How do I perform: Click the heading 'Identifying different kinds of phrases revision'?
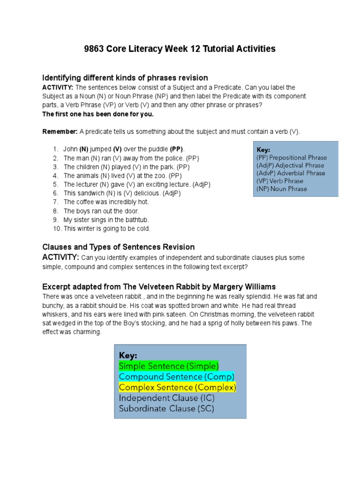[x=125, y=78]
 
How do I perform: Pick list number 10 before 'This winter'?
[x=57, y=229]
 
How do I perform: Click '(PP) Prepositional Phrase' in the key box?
[x=292, y=158]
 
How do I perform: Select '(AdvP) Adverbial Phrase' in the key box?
[x=290, y=173]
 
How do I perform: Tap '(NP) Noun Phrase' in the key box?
[x=282, y=189]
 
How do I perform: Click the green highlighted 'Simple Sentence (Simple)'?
[x=169, y=366]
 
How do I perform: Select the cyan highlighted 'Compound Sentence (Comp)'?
[x=177, y=377]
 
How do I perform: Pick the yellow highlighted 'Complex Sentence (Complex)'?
[x=177, y=388]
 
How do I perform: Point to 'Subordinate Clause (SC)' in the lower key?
[x=166, y=409]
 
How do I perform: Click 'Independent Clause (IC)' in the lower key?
[x=167, y=398]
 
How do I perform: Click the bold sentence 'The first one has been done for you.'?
[x=98, y=114]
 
